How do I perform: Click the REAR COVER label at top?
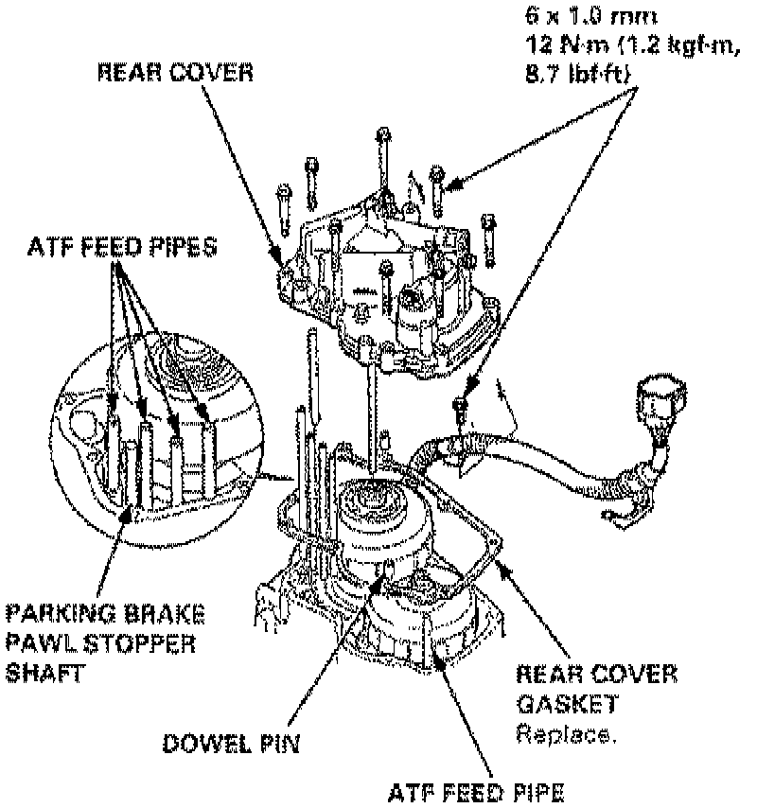[x=175, y=73]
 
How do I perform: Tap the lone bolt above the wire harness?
[x=461, y=407]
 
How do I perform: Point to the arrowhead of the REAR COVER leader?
[x=278, y=256]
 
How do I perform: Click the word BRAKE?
[x=167, y=615]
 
